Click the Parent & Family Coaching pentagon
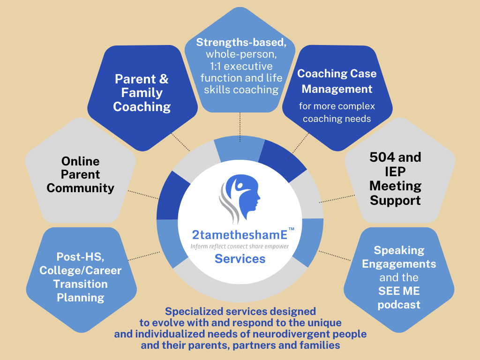(x=142, y=98)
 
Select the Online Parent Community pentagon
(x=81, y=172)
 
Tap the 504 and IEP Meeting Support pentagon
(x=400, y=172)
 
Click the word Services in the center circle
(x=240, y=259)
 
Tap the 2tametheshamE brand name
(x=240, y=235)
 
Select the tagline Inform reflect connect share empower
(x=240, y=247)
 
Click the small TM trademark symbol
(x=292, y=229)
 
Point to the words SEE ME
(x=399, y=291)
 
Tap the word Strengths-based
(x=241, y=43)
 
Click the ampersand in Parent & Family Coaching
(x=164, y=79)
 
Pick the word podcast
(x=399, y=305)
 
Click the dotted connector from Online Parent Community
(x=144, y=195)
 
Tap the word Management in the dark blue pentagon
(x=337, y=89)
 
